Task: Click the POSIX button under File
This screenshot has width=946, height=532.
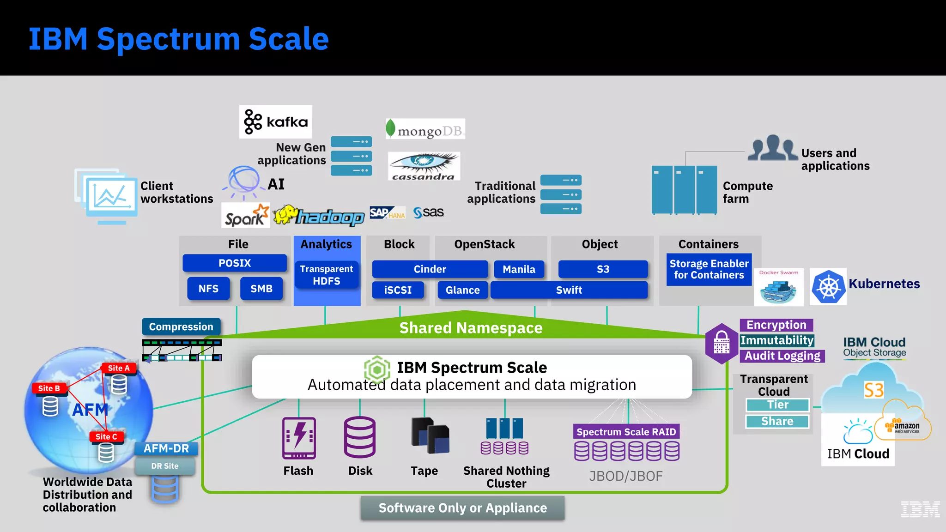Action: (x=235, y=263)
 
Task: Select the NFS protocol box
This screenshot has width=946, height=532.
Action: (x=208, y=289)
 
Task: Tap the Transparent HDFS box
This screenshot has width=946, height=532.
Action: (x=327, y=275)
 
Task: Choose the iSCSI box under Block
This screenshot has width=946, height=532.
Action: (x=398, y=290)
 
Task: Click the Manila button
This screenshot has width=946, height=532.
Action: (x=519, y=269)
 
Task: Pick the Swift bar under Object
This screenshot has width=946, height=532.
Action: (x=569, y=290)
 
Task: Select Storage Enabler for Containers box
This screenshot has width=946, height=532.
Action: (x=709, y=269)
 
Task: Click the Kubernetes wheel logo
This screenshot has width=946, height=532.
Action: (x=828, y=287)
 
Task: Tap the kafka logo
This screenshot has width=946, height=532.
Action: (x=276, y=122)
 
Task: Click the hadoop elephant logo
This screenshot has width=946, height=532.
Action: (x=319, y=216)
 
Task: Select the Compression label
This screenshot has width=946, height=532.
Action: (x=181, y=326)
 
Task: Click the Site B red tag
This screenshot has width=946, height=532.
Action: (x=49, y=388)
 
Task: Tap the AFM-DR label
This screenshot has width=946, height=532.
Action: (x=166, y=448)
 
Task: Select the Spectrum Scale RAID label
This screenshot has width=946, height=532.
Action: (x=626, y=432)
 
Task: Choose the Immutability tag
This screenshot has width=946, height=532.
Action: (x=777, y=340)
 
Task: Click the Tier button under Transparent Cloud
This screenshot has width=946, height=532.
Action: (x=777, y=405)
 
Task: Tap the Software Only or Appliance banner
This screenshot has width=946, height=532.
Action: (x=462, y=508)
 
